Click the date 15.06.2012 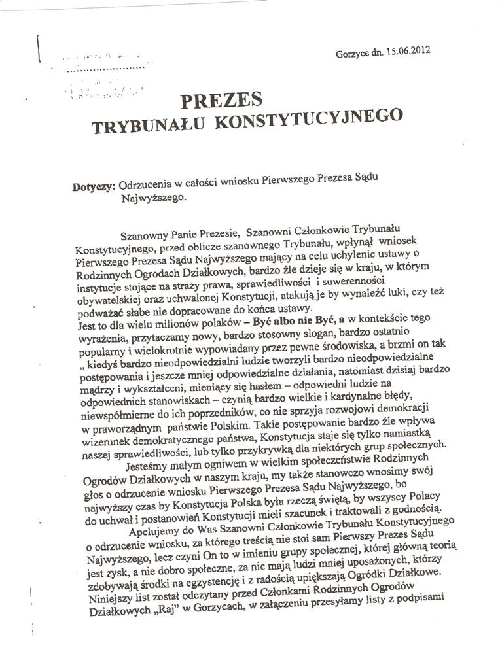(x=406, y=50)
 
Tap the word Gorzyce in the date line (x=350, y=53)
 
